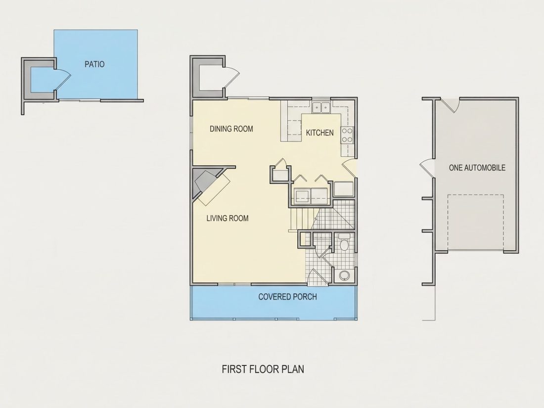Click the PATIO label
coord(94,64)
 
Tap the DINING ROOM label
coord(231,129)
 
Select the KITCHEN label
coord(320,133)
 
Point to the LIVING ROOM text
coord(227,218)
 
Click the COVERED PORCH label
coord(288,297)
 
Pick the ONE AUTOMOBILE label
coord(477,168)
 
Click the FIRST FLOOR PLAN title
coord(263,369)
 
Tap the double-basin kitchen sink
coord(321,107)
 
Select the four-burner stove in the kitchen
coord(347,136)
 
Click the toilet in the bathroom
coord(344,242)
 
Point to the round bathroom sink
coord(344,275)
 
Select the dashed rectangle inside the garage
coord(475,222)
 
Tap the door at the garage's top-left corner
coord(450,105)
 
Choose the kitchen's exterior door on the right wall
coord(349,169)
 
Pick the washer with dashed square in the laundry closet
coord(302,196)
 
